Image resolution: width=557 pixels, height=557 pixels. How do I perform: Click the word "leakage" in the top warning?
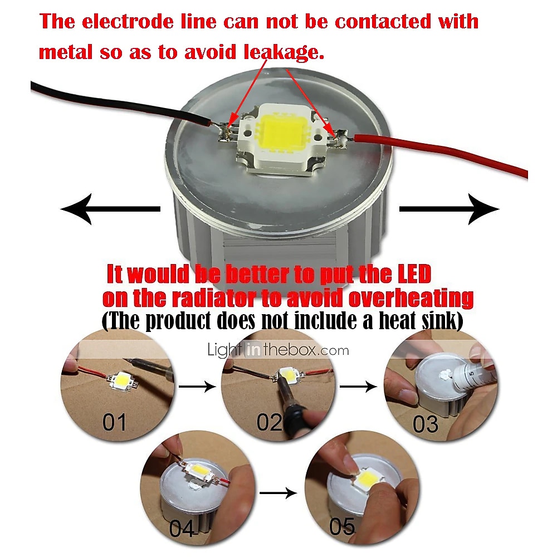(x=284, y=52)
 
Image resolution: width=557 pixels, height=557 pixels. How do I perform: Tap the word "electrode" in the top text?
(x=128, y=22)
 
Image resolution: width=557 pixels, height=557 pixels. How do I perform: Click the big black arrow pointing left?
(x=110, y=209)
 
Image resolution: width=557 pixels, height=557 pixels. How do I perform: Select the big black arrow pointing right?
(x=449, y=209)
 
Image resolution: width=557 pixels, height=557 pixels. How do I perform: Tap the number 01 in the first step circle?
(x=114, y=422)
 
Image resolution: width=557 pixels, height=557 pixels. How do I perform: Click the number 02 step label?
(x=269, y=422)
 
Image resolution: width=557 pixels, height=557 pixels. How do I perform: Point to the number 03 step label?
(x=425, y=424)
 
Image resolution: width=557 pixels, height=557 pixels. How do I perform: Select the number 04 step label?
(x=182, y=529)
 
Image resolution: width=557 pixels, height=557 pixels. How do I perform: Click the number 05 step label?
(x=342, y=526)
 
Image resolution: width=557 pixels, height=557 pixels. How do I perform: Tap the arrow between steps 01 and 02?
(x=197, y=386)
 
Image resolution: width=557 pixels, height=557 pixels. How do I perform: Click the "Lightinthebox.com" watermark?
(x=278, y=350)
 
